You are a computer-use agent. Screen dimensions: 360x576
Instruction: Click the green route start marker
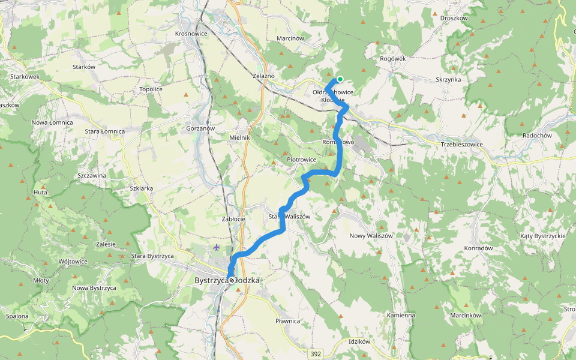340,79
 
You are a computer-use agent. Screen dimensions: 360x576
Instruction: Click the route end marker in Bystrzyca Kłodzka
232,280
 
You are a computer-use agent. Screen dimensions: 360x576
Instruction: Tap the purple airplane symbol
216,247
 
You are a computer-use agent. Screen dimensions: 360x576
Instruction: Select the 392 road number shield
316,354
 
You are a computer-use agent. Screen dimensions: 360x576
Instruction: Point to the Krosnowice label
191,34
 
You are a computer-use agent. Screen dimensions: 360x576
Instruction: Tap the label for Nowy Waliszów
371,236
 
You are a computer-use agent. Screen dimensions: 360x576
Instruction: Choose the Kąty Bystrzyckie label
543,236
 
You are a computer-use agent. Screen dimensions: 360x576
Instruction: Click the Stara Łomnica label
104,131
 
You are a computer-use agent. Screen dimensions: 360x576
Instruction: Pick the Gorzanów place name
200,128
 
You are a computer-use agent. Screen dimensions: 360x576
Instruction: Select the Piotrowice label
301,160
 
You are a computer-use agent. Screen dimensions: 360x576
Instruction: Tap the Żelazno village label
263,76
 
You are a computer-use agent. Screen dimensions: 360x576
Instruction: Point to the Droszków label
454,18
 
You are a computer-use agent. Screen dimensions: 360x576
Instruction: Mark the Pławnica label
287,321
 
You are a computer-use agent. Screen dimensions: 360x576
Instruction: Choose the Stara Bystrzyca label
152,256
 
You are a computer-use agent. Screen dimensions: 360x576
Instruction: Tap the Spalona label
17,316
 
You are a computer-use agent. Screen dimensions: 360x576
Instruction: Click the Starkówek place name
25,77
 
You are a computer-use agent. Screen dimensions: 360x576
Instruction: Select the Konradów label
478,248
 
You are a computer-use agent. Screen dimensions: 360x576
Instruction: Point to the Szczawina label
92,175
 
